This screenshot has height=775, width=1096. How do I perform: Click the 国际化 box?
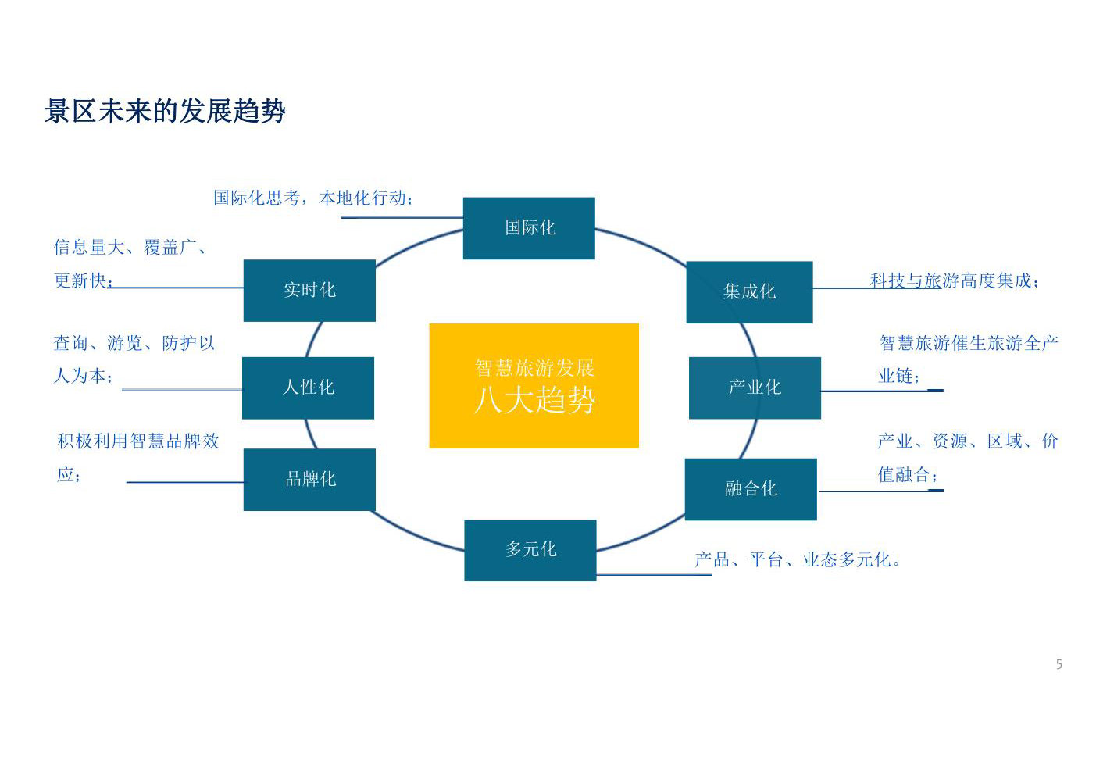[x=529, y=228]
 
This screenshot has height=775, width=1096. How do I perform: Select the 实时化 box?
[x=309, y=291]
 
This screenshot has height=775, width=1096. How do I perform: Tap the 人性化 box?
[x=309, y=388]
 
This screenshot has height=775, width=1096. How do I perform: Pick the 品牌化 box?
[x=309, y=480]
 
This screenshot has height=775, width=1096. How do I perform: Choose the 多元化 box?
[x=530, y=551]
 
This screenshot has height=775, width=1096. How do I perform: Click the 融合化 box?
[x=751, y=489]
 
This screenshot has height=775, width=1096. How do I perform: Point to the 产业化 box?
[x=755, y=388]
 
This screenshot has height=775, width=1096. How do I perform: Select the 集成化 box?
[x=750, y=292]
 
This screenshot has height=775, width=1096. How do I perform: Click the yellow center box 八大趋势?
[x=534, y=385]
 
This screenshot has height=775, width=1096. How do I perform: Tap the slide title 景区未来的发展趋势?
[x=165, y=111]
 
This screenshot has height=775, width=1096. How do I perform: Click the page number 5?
[x=1059, y=664]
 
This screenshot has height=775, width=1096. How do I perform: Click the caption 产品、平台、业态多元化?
[x=797, y=559]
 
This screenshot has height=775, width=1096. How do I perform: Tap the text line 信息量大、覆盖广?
[x=129, y=247]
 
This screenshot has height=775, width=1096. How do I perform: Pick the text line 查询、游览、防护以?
[x=134, y=343]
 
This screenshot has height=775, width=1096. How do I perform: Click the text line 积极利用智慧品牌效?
[x=138, y=441]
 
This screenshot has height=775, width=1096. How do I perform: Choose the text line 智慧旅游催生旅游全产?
[x=969, y=343]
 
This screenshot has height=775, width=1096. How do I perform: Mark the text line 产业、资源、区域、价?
[x=968, y=441]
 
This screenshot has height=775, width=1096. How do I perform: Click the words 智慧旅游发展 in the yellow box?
[x=534, y=368]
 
